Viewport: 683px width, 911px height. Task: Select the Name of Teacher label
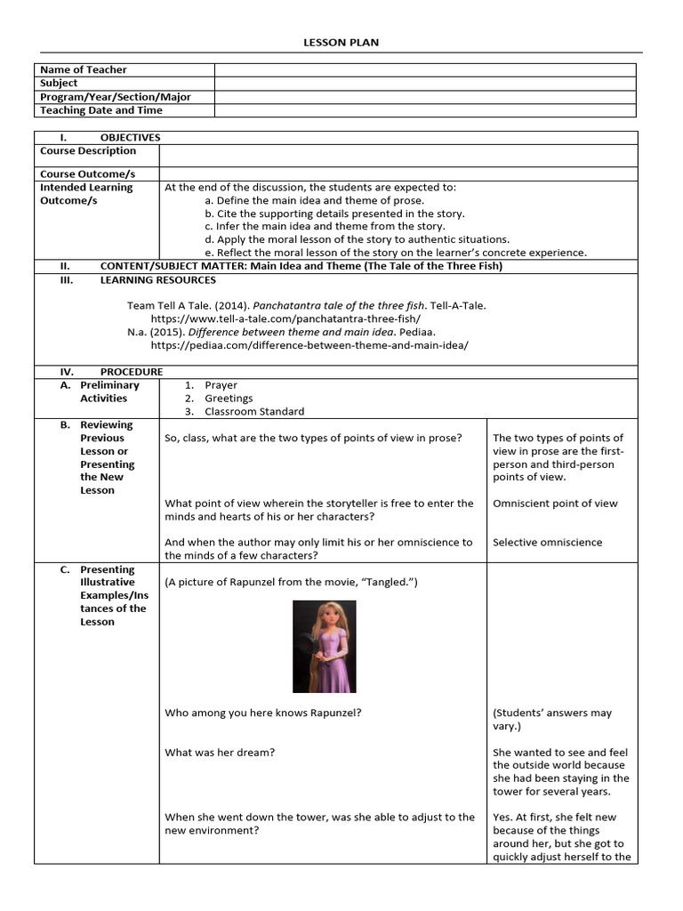click(x=84, y=69)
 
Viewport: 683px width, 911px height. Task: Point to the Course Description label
click(x=88, y=151)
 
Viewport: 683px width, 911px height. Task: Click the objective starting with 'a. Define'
click(x=301, y=201)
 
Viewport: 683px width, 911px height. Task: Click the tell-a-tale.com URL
click(x=285, y=318)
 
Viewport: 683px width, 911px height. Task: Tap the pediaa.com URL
click(x=309, y=345)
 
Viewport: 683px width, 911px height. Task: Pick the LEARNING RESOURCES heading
click(x=157, y=280)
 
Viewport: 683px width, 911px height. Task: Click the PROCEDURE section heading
click(x=131, y=372)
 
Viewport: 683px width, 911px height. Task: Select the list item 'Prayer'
click(x=221, y=385)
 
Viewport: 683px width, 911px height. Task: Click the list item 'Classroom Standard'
click(x=254, y=412)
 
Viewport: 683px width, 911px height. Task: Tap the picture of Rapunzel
click(x=325, y=647)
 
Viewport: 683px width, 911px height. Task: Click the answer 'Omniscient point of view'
click(x=555, y=504)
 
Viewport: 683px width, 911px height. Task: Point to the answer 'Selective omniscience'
click(x=547, y=543)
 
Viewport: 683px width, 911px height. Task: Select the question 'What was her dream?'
click(x=220, y=753)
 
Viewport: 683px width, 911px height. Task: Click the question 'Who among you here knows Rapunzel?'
click(x=263, y=713)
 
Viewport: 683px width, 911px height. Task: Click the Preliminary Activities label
click(x=109, y=391)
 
